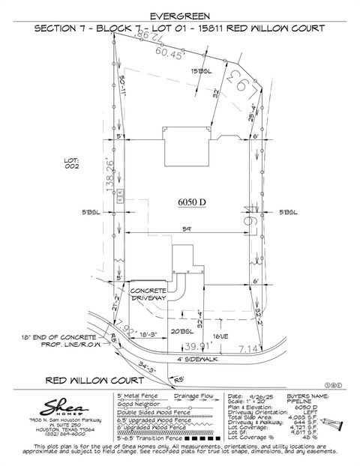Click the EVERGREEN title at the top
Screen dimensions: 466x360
coord(180,14)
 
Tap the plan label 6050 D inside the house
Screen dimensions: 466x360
coord(191,203)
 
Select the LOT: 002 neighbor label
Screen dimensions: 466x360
coord(72,163)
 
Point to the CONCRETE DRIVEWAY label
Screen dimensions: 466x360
coord(148,294)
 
